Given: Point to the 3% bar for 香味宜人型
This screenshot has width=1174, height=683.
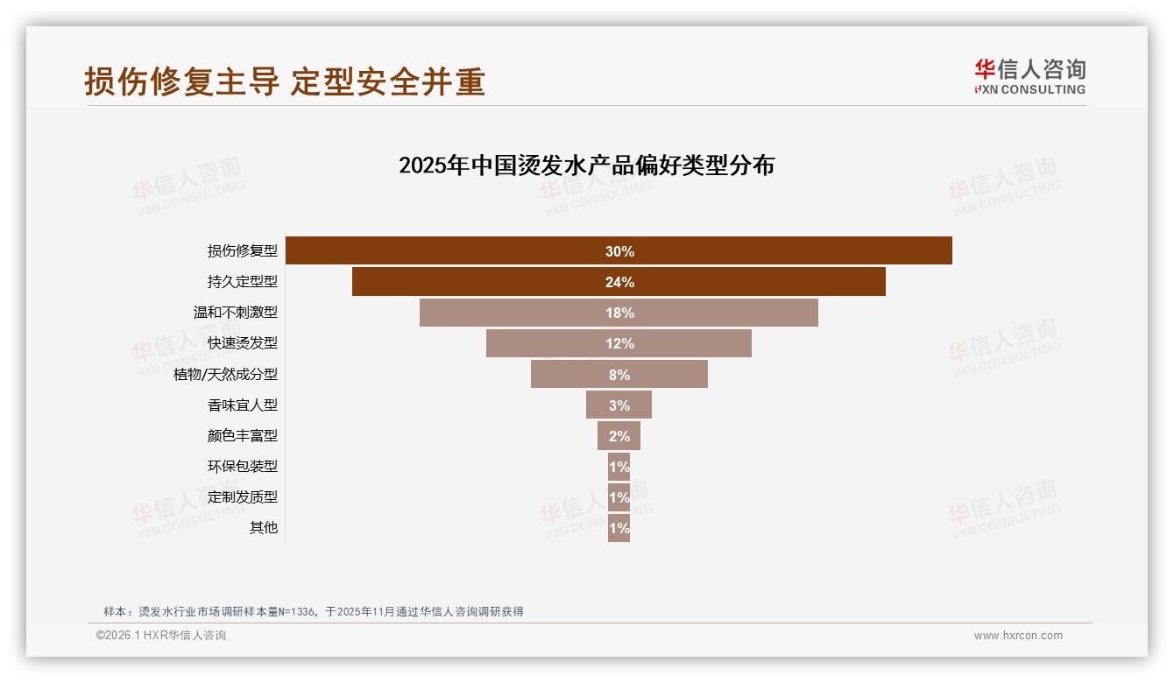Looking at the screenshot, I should tap(619, 405).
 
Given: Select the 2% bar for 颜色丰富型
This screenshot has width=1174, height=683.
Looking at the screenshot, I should tap(619, 435).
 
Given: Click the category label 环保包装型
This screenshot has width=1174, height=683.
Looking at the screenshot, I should tap(242, 466).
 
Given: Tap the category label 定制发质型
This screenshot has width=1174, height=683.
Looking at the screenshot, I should tap(242, 496).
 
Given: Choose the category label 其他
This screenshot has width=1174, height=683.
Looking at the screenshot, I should tap(263, 527).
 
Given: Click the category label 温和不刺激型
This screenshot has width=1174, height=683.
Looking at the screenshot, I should tap(235, 313).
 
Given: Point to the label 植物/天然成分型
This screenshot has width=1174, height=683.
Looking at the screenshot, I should tap(225, 374).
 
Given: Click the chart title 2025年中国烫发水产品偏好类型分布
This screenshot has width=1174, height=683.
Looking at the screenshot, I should tap(586, 165).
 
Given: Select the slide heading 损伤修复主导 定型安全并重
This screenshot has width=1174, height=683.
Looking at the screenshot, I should tap(285, 81).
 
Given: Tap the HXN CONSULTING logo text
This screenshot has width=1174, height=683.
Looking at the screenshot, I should tap(1030, 89).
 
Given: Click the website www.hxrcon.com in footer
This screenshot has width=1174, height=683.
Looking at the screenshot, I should tap(1017, 636).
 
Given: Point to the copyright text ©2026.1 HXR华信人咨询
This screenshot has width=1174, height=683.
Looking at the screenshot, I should tap(160, 636).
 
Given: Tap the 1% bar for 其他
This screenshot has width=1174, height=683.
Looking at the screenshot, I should tap(619, 527).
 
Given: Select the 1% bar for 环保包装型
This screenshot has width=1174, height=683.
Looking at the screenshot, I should tap(619, 466).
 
